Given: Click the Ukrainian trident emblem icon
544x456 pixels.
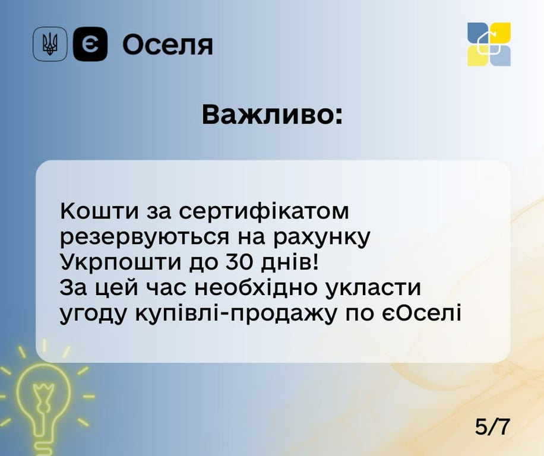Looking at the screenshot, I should (x=50, y=44).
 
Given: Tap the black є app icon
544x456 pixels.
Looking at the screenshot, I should (x=90, y=44).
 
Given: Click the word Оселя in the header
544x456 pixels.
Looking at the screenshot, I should (x=167, y=45).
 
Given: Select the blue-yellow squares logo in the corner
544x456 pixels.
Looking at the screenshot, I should (x=489, y=44).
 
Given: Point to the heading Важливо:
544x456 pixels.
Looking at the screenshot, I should (x=272, y=115).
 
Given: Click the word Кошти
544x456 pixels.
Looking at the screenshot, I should (x=94, y=211).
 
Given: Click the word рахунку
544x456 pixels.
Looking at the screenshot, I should (x=322, y=237).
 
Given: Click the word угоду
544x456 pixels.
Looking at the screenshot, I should (x=95, y=313).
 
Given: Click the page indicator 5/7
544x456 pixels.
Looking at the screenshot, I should (x=492, y=426).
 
